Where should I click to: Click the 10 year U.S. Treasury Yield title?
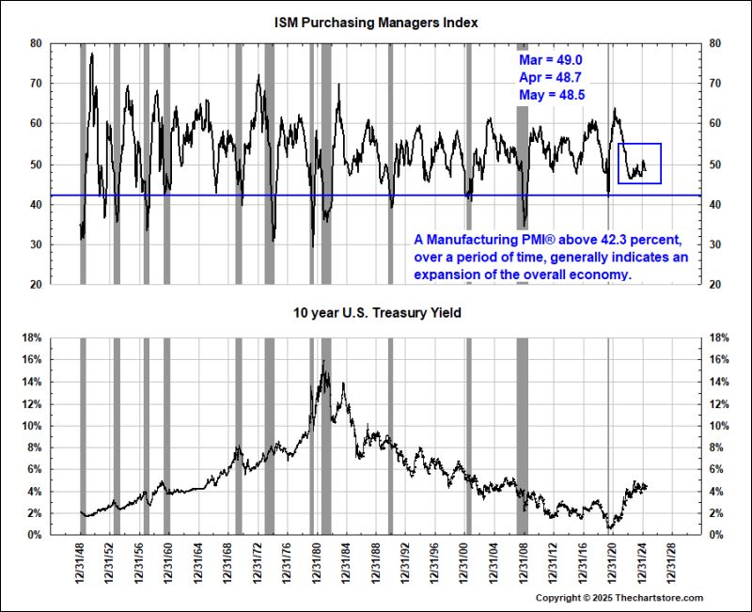375,312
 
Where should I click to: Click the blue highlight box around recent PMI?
639,163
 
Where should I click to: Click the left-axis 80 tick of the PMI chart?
36,43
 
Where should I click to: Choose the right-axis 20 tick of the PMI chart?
714,285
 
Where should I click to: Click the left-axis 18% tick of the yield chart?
31,337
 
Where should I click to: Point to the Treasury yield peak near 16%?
323,361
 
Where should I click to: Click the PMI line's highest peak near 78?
92,54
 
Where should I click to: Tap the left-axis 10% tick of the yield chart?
31,426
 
